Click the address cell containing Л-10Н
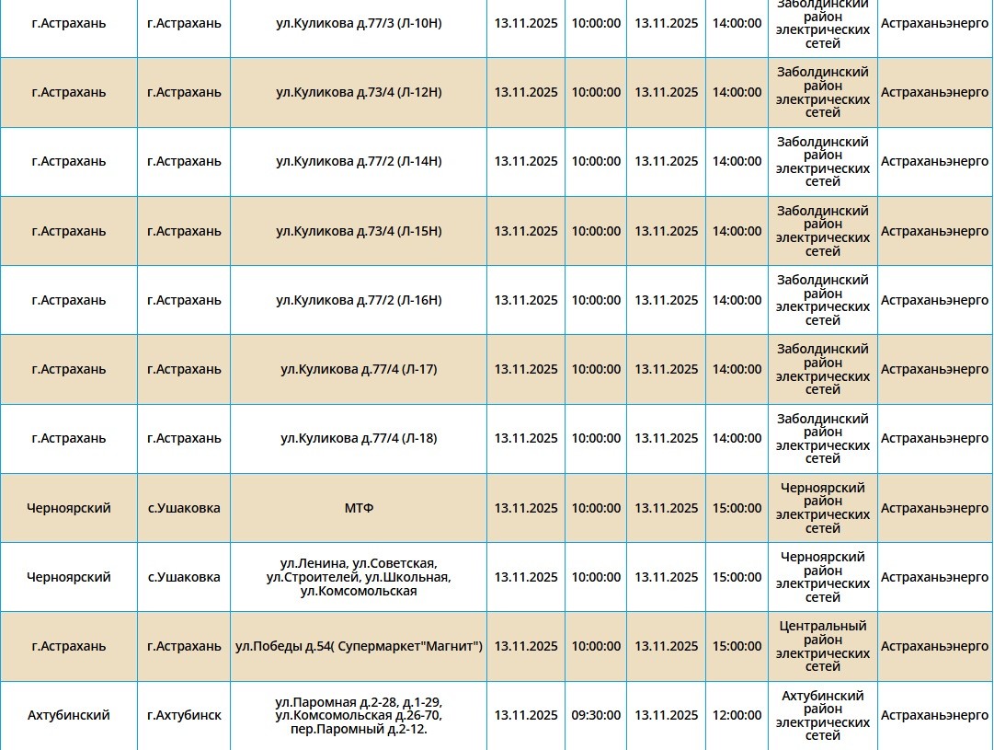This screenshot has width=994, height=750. click(359, 23)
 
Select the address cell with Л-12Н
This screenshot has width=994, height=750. click(359, 92)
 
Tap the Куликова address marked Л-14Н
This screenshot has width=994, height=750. click(359, 161)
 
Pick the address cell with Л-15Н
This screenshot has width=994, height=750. click(359, 231)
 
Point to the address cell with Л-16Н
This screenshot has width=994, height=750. click(359, 300)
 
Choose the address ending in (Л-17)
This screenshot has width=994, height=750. click(359, 369)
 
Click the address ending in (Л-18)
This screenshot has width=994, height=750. click(359, 438)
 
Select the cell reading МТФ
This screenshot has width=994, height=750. click(359, 508)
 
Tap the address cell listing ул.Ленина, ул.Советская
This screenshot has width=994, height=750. click(359, 577)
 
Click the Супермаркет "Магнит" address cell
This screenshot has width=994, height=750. click(359, 646)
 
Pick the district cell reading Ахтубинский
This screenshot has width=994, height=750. click(69, 715)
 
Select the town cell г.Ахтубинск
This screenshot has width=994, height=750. click(184, 715)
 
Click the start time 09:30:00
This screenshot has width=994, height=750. click(596, 715)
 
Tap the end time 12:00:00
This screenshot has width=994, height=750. click(737, 715)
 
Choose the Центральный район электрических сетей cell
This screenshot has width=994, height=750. click(823, 646)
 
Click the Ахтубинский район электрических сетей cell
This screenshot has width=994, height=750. click(823, 715)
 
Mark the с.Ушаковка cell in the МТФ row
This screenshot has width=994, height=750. click(184, 508)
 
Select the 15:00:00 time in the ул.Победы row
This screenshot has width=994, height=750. click(737, 646)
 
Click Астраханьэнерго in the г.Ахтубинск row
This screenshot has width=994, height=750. click(934, 715)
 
